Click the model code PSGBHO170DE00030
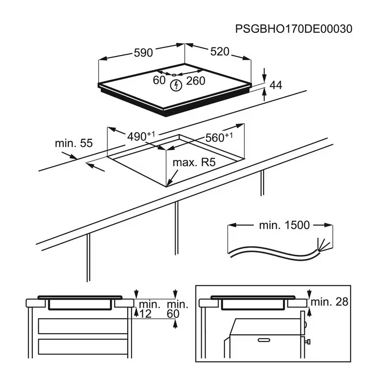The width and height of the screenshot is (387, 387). click(x=294, y=29)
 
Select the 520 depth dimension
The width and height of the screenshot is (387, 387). click(x=219, y=51)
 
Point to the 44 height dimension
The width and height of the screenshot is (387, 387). click(x=275, y=85)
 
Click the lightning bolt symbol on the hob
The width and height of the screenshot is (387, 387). click(x=176, y=86)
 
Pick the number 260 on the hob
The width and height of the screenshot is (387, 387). click(x=195, y=81)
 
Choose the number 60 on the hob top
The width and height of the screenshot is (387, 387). click(x=159, y=80)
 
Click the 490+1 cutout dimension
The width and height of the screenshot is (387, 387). click(x=141, y=136)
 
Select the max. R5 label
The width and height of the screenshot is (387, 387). click(x=193, y=163)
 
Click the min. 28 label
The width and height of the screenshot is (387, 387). click(x=329, y=302)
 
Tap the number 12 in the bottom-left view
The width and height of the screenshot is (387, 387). click(x=146, y=314)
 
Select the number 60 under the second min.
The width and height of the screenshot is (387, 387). click(x=173, y=314)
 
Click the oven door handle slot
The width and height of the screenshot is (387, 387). click(x=264, y=340)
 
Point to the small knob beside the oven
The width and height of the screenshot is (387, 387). click(x=308, y=343)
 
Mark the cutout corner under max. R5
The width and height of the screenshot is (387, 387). click(x=166, y=186)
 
